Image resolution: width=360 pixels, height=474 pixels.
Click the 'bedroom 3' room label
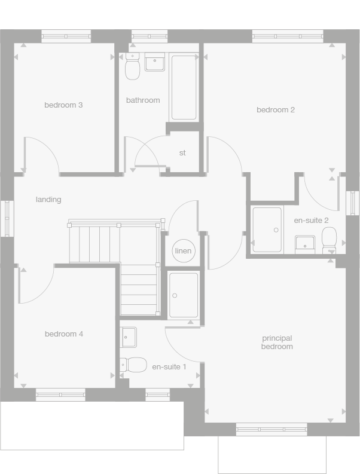click(x=63, y=105)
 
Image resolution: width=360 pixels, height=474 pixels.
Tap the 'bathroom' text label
click(x=143, y=100)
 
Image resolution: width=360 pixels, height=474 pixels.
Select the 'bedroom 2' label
click(x=276, y=110)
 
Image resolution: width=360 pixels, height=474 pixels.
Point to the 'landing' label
click(x=48, y=200)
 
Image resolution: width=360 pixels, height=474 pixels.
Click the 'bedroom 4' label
click(x=64, y=334)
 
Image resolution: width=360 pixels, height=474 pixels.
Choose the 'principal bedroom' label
click(x=277, y=342)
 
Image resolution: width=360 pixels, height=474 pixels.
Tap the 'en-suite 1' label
click(x=169, y=366)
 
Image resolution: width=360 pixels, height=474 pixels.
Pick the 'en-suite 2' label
click(x=312, y=221)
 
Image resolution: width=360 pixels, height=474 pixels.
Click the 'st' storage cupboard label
click(x=182, y=153)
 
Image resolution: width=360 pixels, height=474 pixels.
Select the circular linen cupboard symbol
click(x=183, y=251)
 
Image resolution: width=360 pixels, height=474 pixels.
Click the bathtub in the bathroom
click(x=184, y=87)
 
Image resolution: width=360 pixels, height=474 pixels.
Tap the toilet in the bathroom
click(x=132, y=68)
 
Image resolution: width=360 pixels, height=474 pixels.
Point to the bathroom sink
click(x=155, y=62)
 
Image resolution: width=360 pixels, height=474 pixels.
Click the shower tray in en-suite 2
click(x=267, y=230)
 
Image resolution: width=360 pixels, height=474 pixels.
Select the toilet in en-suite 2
click(x=330, y=240)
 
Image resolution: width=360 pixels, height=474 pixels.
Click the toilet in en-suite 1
click(x=135, y=364)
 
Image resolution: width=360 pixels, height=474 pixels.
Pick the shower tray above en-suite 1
click(x=183, y=295)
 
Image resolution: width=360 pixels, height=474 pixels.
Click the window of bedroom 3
click(x=66, y=36)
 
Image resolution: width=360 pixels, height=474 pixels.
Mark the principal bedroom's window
click(x=271, y=429)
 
